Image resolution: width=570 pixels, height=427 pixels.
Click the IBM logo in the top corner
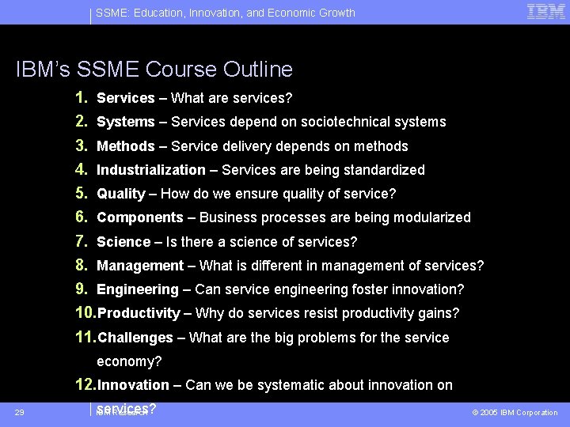(x=545, y=12)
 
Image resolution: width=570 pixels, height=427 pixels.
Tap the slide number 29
(x=19, y=412)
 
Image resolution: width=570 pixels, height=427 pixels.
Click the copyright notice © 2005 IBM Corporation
(x=515, y=413)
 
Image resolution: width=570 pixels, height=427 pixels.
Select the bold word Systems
(x=125, y=122)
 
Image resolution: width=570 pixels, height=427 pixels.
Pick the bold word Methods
(x=125, y=146)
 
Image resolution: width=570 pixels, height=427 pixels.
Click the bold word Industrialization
(x=150, y=170)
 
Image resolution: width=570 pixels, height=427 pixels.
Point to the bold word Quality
(x=120, y=194)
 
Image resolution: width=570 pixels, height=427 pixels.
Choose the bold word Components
(x=139, y=217)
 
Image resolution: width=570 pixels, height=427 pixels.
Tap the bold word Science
(x=123, y=242)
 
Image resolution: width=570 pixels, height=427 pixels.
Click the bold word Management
(x=139, y=266)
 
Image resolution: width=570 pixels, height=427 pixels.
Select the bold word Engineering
(x=138, y=289)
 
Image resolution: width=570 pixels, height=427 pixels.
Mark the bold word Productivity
(x=139, y=313)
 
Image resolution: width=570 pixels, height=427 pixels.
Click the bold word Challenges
(x=135, y=338)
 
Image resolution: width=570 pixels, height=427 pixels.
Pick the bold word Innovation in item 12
(x=133, y=385)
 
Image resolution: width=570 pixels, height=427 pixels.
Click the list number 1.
(x=81, y=98)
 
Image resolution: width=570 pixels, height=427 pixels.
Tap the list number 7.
(x=81, y=241)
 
